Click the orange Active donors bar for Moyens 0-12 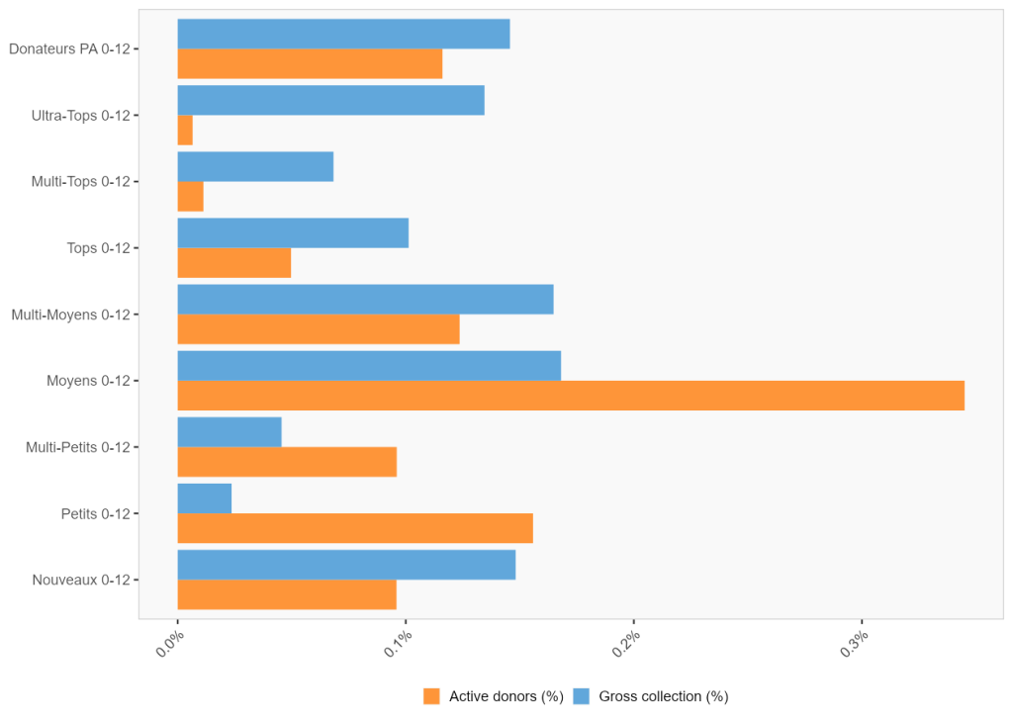point(571,396)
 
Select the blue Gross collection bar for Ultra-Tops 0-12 point(330,100)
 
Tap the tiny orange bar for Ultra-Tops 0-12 point(185,131)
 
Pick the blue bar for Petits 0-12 point(205,498)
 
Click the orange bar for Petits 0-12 point(355,528)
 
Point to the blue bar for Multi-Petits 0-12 point(230,432)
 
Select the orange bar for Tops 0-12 point(234,263)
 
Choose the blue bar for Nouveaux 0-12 point(346,565)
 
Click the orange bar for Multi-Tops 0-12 point(190,197)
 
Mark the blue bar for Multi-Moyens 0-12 point(365,300)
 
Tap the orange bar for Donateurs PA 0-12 point(310,64)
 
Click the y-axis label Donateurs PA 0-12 point(69,48)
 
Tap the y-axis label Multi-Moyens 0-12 point(70,315)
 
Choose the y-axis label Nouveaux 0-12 point(80,580)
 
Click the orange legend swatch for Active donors point(431,696)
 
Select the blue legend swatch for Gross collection point(582,696)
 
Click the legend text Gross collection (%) point(663,696)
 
